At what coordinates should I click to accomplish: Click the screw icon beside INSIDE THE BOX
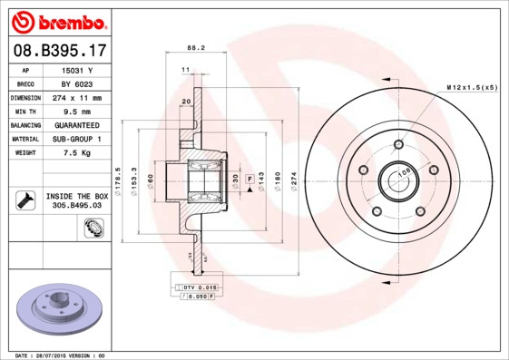[x=24, y=200]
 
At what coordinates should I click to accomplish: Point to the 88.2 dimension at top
[x=194, y=48]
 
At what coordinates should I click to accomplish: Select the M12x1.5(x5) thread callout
[x=471, y=87]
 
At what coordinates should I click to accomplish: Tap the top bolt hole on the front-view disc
[x=397, y=144]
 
